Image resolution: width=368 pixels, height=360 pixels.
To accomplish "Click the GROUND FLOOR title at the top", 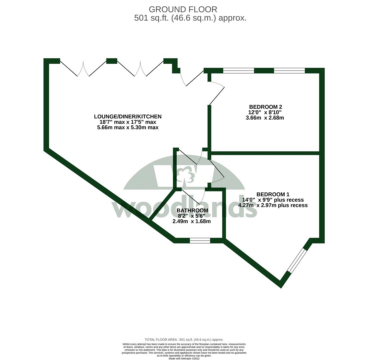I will [x=183, y=9].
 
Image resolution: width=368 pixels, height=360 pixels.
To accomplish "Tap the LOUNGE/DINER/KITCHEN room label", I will [x=128, y=117].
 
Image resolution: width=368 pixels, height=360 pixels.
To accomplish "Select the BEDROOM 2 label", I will [x=265, y=107].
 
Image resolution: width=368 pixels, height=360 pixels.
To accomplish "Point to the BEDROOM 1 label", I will [x=273, y=194].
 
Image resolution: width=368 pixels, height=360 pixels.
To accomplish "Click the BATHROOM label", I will [x=192, y=210].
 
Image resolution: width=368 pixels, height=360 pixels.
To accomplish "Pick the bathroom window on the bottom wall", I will [x=200, y=240].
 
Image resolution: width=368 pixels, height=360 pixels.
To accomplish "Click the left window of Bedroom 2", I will [x=238, y=71].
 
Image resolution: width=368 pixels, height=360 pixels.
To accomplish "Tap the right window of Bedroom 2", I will [x=289, y=71].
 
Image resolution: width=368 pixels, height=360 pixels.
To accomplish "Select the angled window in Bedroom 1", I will [x=296, y=260].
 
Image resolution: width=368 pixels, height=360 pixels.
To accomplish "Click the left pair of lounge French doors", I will [x=83, y=69].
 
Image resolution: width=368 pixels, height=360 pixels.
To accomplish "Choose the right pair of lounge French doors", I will [x=140, y=69].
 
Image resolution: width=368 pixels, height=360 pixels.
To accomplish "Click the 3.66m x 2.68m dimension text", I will [x=265, y=118].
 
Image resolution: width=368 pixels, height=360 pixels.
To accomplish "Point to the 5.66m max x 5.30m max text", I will [x=128, y=127].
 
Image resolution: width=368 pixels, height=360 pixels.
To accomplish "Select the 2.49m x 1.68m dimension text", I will [x=191, y=221].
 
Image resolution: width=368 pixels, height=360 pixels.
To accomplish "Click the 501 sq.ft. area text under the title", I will [x=190, y=18].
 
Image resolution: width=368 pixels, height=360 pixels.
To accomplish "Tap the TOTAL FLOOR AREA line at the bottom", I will [x=184, y=340].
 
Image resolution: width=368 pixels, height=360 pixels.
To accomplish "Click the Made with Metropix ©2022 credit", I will [x=184, y=358].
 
